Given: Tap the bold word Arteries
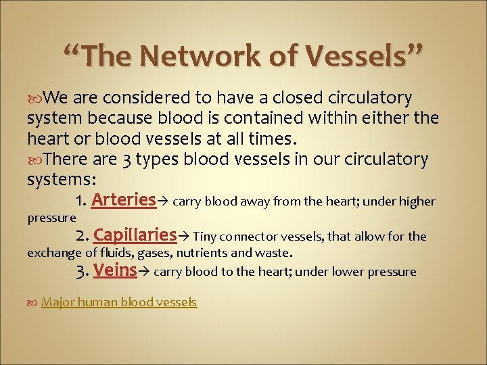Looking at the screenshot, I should (124, 200).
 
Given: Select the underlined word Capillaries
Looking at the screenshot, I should (135, 235).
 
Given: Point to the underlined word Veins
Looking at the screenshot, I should (116, 270).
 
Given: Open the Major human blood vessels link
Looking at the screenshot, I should (119, 302).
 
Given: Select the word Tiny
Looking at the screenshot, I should (204, 237).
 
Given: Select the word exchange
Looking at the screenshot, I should (55, 253).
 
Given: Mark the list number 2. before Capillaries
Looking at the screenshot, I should (83, 236).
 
